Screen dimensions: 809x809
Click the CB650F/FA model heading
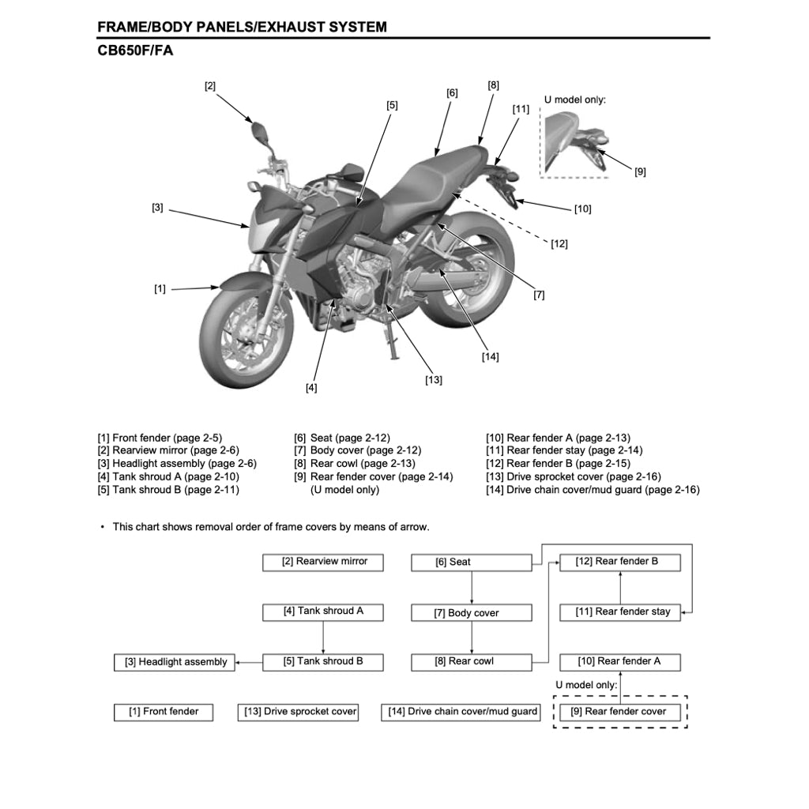click(135, 51)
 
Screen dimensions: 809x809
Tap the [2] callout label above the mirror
click(210, 86)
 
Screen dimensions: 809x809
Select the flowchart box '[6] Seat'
click(472, 563)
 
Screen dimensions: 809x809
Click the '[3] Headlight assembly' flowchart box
click(176, 662)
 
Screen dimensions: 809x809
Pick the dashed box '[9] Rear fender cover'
click(620, 712)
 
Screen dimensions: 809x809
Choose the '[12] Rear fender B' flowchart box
click(620, 562)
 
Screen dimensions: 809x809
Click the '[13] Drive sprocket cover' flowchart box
click(298, 712)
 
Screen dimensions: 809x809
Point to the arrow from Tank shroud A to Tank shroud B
click(323, 636)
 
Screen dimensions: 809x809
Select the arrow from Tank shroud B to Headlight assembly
click(250, 662)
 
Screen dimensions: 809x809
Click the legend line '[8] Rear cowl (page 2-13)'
click(355, 464)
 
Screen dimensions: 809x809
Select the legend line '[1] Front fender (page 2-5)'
click(160, 438)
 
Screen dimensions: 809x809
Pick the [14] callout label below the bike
click(490, 357)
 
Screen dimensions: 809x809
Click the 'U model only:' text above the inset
click(575, 100)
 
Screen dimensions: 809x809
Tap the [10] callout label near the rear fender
click(582, 209)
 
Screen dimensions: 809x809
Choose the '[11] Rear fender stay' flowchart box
click(620, 612)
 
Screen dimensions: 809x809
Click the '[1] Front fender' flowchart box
click(164, 712)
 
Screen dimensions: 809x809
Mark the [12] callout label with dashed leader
click(559, 244)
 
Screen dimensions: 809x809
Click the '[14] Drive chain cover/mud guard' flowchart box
click(461, 712)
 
